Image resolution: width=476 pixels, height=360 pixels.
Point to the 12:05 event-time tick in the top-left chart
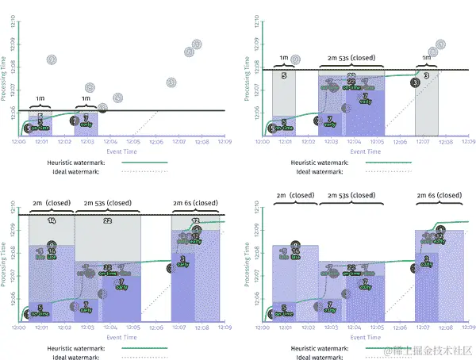(x=133, y=142)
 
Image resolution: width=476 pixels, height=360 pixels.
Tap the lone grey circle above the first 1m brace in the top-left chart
(x=52, y=60)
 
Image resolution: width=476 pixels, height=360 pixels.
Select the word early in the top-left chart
(x=85, y=124)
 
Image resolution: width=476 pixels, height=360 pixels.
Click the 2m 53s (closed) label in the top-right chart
(x=355, y=59)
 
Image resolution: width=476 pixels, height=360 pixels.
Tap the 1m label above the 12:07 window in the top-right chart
(x=426, y=59)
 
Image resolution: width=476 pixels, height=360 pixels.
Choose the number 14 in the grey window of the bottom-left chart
(x=52, y=220)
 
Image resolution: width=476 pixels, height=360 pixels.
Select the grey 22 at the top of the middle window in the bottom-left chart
(x=107, y=220)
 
